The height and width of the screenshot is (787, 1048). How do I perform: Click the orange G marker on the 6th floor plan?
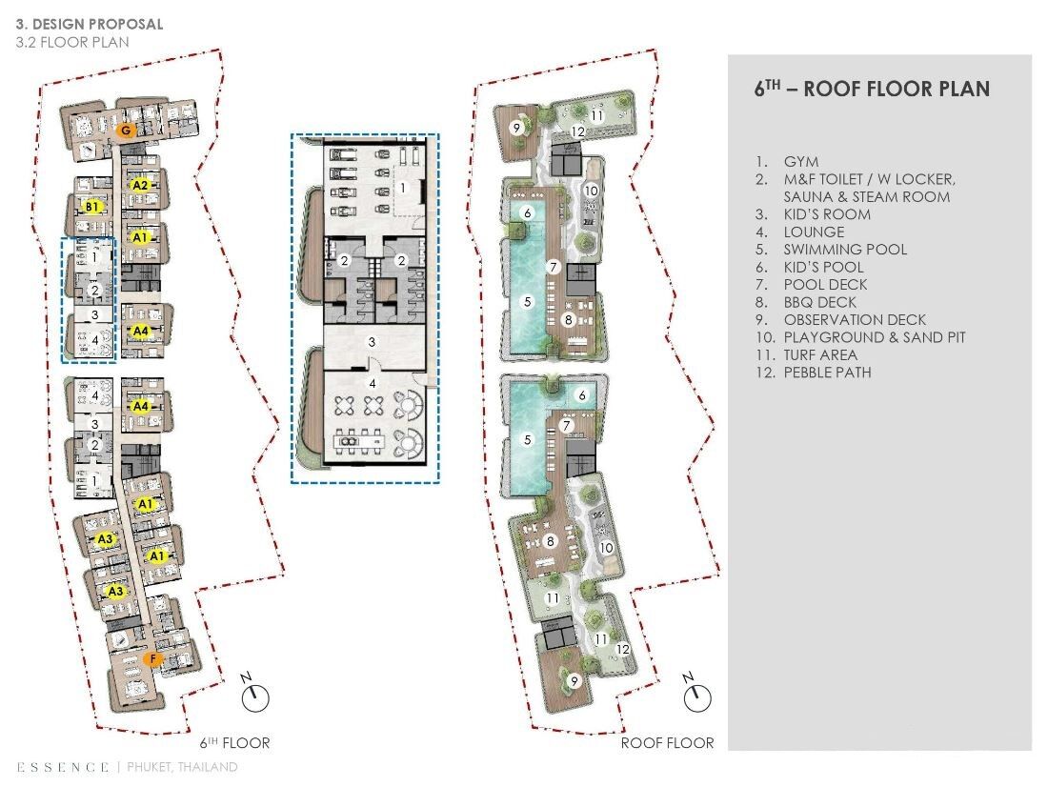pyautogui.click(x=125, y=131)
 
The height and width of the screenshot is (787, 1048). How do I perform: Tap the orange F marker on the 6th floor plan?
pyautogui.click(x=153, y=659)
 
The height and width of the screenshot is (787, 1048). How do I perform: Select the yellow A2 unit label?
pyautogui.click(x=140, y=185)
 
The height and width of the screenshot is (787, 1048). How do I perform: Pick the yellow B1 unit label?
pyautogui.click(x=91, y=208)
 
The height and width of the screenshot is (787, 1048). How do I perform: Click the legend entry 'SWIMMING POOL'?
pyautogui.click(x=845, y=250)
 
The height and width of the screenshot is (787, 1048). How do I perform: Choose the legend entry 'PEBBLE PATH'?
pyautogui.click(x=827, y=373)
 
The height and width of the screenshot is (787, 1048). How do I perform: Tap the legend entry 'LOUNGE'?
pyautogui.click(x=814, y=232)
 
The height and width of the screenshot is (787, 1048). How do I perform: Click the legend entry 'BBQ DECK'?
pyautogui.click(x=820, y=302)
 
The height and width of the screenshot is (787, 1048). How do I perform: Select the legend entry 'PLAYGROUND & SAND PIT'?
pyautogui.click(x=875, y=337)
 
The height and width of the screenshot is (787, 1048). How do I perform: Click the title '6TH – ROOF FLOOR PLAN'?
pyautogui.click(x=872, y=89)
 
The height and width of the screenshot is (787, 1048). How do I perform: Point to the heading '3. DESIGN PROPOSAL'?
pyautogui.click(x=90, y=24)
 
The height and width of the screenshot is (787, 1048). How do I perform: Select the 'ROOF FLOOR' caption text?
pyautogui.click(x=667, y=743)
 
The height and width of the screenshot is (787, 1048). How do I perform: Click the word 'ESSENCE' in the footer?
pyautogui.click(x=63, y=767)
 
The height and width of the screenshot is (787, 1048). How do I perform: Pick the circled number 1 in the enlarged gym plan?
pyautogui.click(x=403, y=189)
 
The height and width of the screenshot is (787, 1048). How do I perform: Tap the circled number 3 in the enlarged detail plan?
pyautogui.click(x=373, y=342)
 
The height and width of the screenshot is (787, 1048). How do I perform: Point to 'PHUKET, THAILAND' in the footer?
pyautogui.click(x=182, y=767)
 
